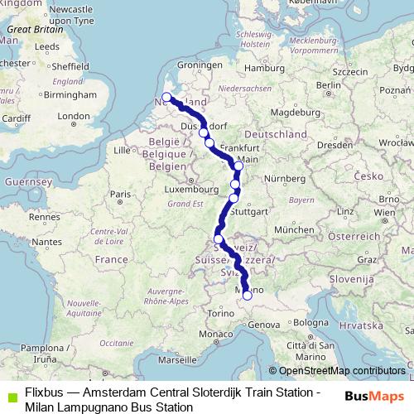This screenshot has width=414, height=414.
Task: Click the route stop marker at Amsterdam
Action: [166, 98]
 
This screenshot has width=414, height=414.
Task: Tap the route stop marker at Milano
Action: [247, 295]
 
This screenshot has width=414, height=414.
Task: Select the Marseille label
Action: [176, 361]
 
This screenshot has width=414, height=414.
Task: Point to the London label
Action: [72, 116]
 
